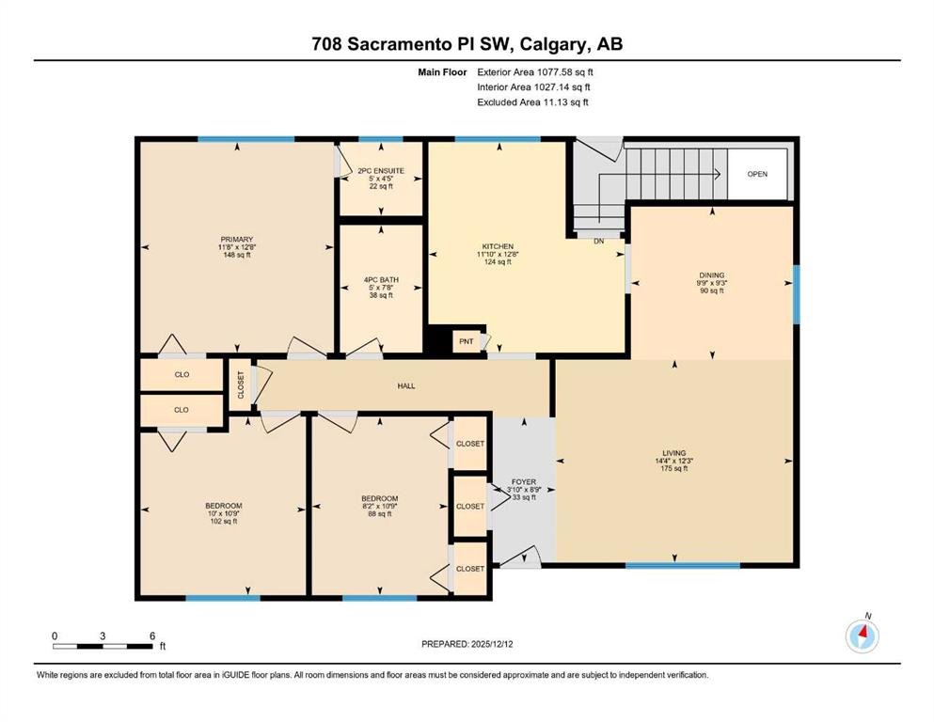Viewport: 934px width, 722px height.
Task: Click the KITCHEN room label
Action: (x=498, y=246)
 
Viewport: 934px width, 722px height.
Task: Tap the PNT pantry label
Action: (x=467, y=341)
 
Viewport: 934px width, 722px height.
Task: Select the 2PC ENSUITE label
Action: (x=381, y=171)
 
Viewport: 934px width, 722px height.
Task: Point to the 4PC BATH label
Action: (x=381, y=280)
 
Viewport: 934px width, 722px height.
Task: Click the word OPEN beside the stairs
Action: (x=757, y=175)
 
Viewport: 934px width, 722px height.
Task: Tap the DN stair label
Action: (x=598, y=241)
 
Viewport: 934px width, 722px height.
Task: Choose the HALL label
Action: (x=406, y=386)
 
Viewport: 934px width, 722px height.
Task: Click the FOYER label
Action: (x=524, y=482)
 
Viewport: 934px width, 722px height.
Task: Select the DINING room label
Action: (x=712, y=275)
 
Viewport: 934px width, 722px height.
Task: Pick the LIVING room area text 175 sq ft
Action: (x=674, y=468)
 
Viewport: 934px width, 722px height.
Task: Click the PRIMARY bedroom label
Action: (x=237, y=240)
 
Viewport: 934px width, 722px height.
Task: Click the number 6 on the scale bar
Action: (x=153, y=636)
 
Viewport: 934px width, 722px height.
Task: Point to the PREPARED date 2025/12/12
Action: (x=491, y=644)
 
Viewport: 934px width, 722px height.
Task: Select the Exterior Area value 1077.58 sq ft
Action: (x=564, y=72)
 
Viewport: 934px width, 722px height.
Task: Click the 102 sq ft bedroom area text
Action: (x=224, y=522)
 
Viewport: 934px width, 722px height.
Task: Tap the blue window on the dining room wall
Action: (x=797, y=294)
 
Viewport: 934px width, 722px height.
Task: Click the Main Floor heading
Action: (x=442, y=72)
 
